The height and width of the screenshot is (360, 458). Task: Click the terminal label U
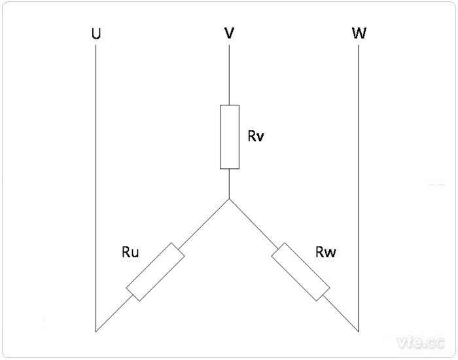pyautogui.click(x=97, y=33)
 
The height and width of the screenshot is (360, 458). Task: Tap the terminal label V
pyautogui.click(x=229, y=33)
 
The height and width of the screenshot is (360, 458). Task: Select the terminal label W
pyautogui.click(x=359, y=33)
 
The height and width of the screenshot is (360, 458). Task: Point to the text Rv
pyautogui.click(x=256, y=137)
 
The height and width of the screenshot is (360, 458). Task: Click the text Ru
pyautogui.click(x=130, y=252)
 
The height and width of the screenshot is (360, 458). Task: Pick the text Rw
pyautogui.click(x=325, y=252)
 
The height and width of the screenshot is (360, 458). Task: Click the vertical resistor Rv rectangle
pyautogui.click(x=229, y=136)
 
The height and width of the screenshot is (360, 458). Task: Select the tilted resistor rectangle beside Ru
pyautogui.click(x=156, y=272)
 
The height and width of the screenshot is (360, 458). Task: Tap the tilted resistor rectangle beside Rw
pyautogui.click(x=301, y=272)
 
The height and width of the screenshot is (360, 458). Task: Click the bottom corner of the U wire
pyautogui.click(x=96, y=331)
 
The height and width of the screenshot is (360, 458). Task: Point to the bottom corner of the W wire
pyautogui.click(x=360, y=331)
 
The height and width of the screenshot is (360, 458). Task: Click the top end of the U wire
pyautogui.click(x=96, y=47)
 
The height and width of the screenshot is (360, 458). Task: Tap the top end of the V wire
pyautogui.click(x=229, y=47)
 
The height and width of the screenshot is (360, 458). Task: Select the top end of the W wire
pyautogui.click(x=360, y=47)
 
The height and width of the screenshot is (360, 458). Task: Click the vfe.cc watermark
pyautogui.click(x=419, y=342)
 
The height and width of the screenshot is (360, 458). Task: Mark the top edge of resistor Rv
pyautogui.click(x=229, y=105)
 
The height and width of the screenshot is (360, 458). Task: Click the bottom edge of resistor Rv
pyautogui.click(x=229, y=168)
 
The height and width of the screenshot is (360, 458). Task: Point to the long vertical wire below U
pyautogui.click(x=96, y=190)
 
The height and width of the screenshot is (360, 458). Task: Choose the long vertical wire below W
pyautogui.click(x=360, y=190)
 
